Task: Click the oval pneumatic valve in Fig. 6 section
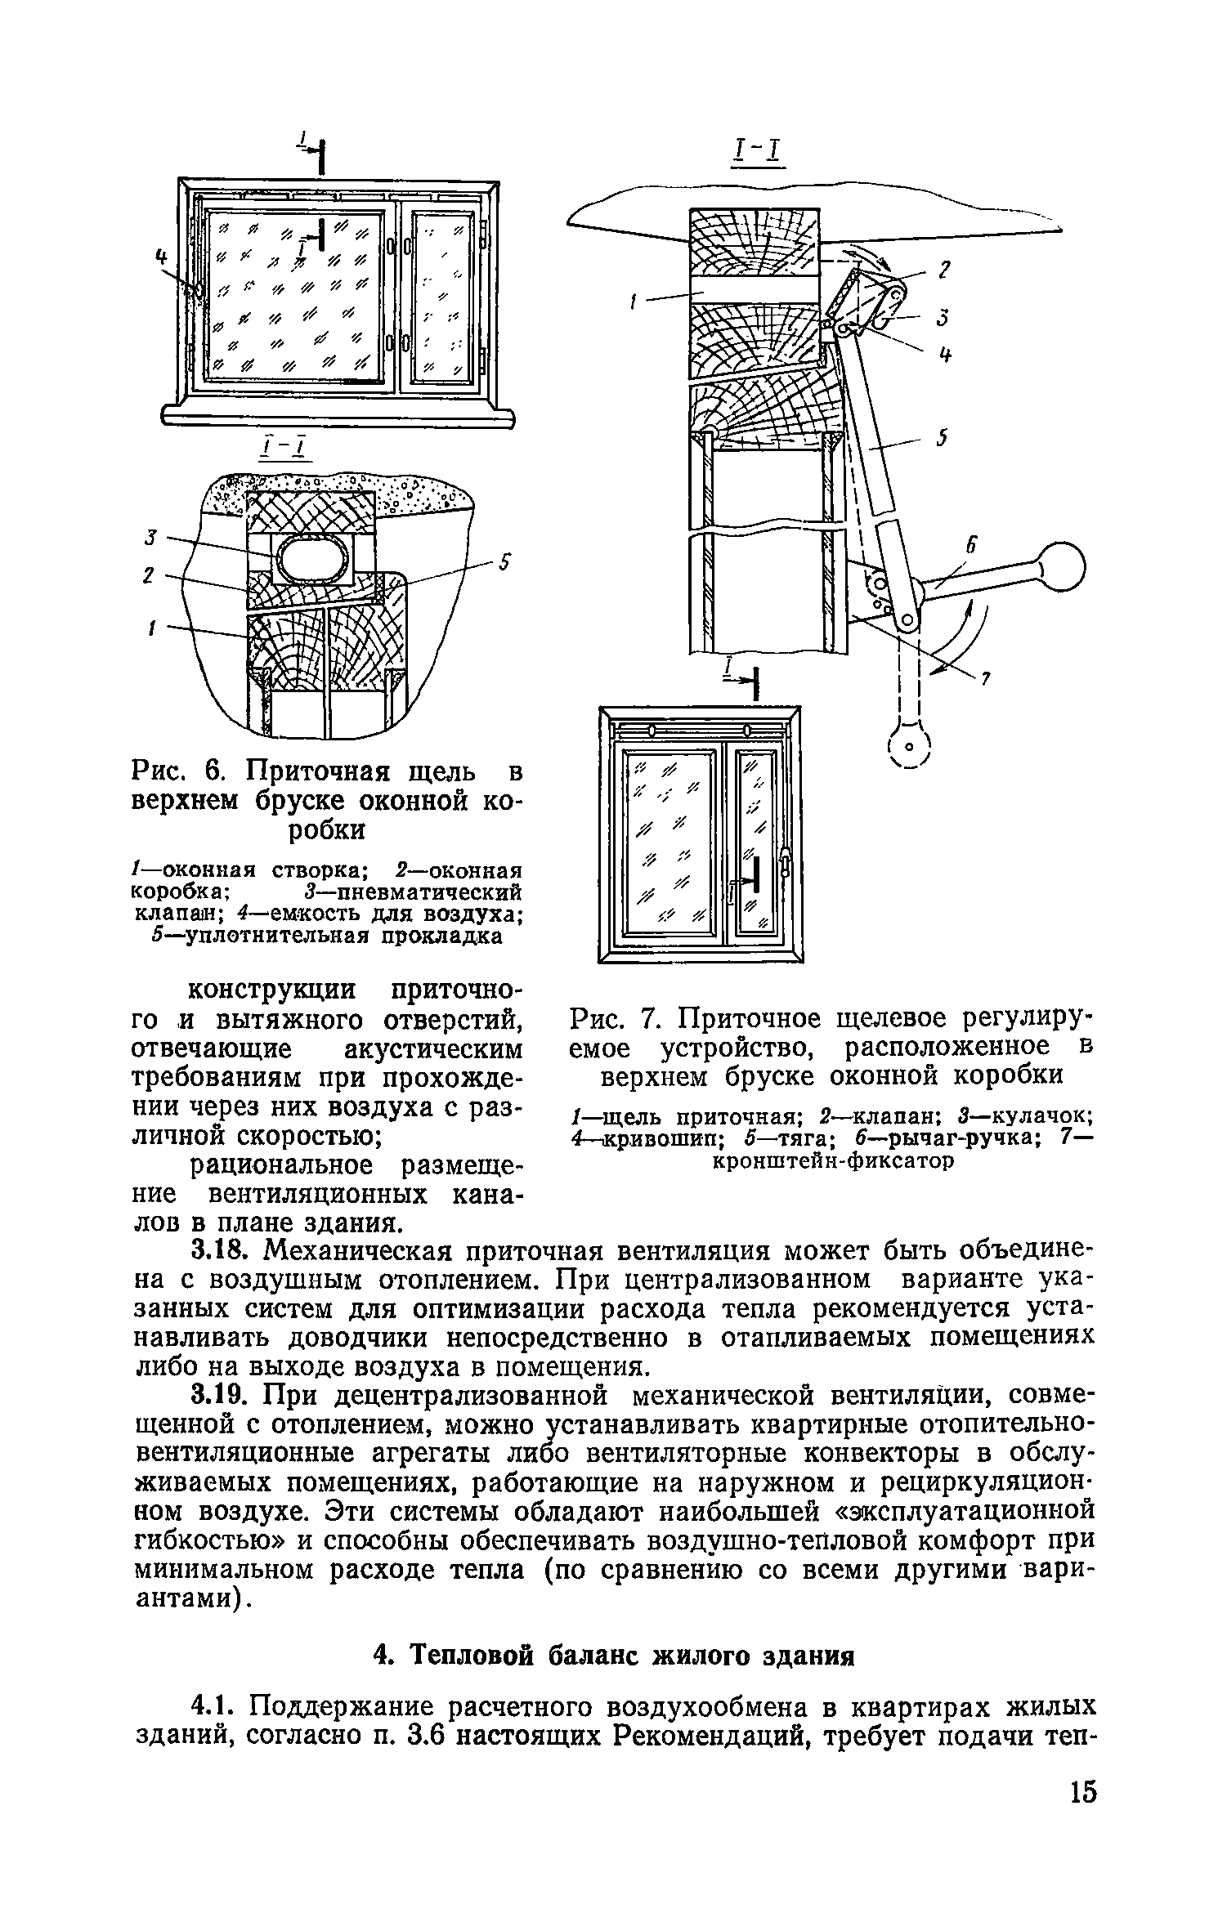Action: coord(315,560)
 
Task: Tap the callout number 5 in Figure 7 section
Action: coord(941,440)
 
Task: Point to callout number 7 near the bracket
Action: coord(987,677)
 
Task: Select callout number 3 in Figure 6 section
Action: coord(150,537)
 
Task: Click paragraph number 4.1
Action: coord(215,1708)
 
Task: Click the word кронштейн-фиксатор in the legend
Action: coord(833,1160)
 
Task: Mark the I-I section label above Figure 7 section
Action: coord(759,152)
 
